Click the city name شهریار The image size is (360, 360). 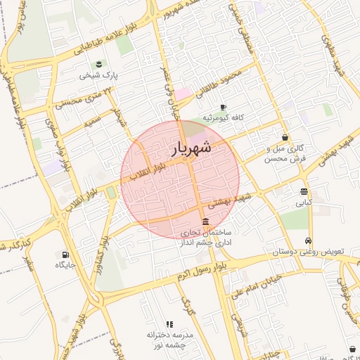(190, 148)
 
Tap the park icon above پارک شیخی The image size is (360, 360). (98, 64)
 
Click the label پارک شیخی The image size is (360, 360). (98, 74)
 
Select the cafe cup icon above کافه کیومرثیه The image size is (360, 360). (223, 107)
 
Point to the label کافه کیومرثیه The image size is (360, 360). (223, 117)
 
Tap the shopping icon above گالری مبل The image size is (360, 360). (285, 138)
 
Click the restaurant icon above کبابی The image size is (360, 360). (303, 191)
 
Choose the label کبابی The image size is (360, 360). (303, 202)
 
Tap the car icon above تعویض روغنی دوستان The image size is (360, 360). (308, 240)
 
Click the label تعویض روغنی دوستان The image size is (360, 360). (308, 251)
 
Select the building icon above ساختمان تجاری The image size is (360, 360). (205, 221)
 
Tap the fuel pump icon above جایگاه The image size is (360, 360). (65, 255)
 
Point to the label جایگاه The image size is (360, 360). (65, 265)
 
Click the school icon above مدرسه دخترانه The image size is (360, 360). (169, 324)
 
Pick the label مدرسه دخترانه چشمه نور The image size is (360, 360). (169, 340)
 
